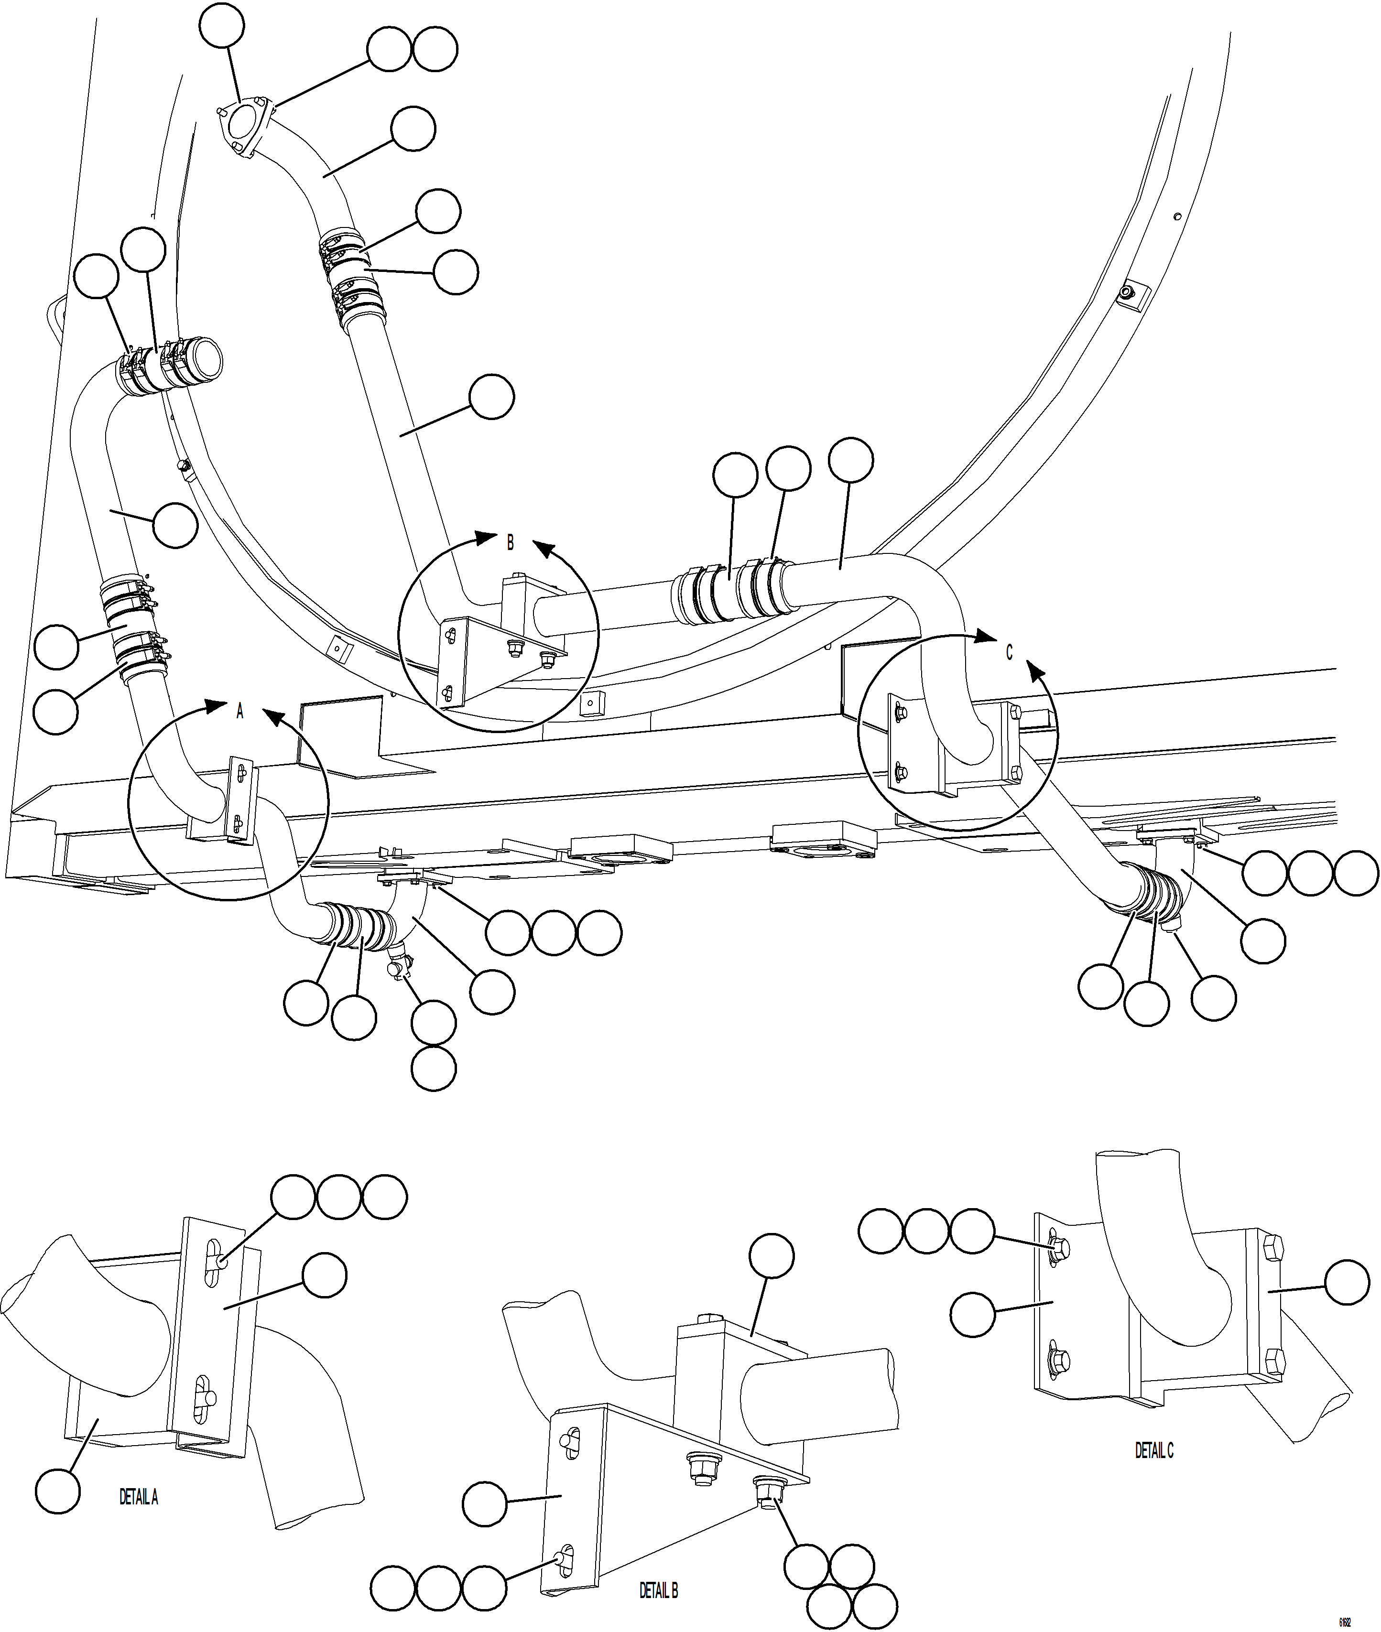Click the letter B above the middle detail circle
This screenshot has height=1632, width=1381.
click(511, 542)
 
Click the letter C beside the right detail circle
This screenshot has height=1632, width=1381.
click(1009, 652)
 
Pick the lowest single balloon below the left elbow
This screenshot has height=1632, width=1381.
click(434, 1069)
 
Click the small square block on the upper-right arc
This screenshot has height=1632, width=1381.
click(1130, 294)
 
